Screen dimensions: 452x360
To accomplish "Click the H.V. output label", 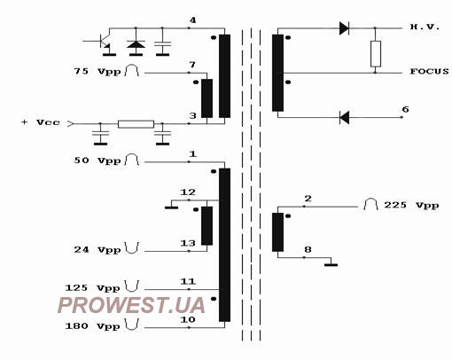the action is coord(425,27).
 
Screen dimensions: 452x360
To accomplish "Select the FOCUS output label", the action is coord(430,71).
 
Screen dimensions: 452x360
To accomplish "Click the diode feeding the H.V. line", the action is coord(344,28).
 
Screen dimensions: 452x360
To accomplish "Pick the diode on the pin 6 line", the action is coord(344,117).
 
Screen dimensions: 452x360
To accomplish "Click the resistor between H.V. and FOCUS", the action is coord(376,54).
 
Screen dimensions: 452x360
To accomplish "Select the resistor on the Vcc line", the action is coord(136,124).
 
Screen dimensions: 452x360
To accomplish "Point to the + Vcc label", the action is coord(41,122).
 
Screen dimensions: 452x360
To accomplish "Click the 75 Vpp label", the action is coord(97,72).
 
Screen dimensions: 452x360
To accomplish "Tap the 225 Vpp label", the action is coord(411,205).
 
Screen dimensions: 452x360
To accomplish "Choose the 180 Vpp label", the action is coord(92,326).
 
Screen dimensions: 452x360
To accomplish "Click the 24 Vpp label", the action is coord(97,250).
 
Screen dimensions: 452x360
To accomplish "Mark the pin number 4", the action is coord(192,20).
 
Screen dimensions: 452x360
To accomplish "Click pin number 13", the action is coord(188,243).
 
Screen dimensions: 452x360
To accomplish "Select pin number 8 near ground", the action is coord(308,250).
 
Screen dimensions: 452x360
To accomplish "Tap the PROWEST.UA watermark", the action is coord(131,305).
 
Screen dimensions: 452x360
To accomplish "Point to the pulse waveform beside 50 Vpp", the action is coord(132,160).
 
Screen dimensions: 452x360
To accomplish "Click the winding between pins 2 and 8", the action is coord(277,232).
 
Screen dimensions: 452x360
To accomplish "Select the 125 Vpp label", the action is coord(92,288).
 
